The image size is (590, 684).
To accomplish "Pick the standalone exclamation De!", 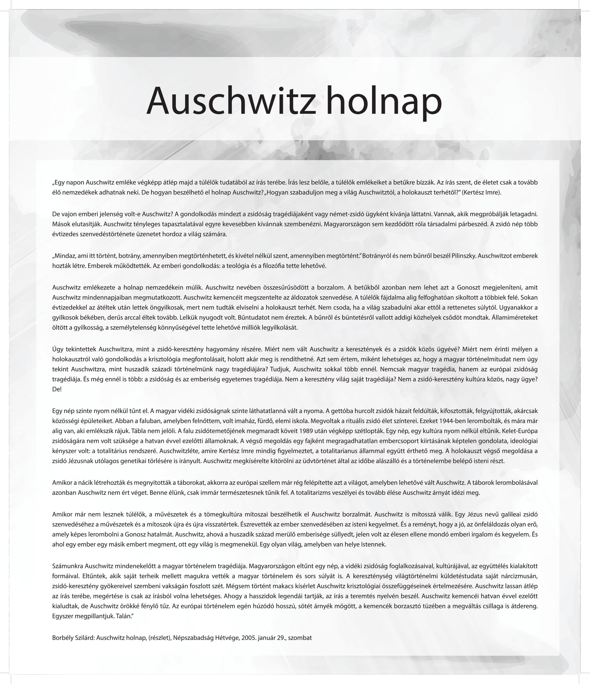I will pyautogui.click(x=57, y=389).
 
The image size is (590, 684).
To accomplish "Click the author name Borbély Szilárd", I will pyautogui.click(x=73, y=638).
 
